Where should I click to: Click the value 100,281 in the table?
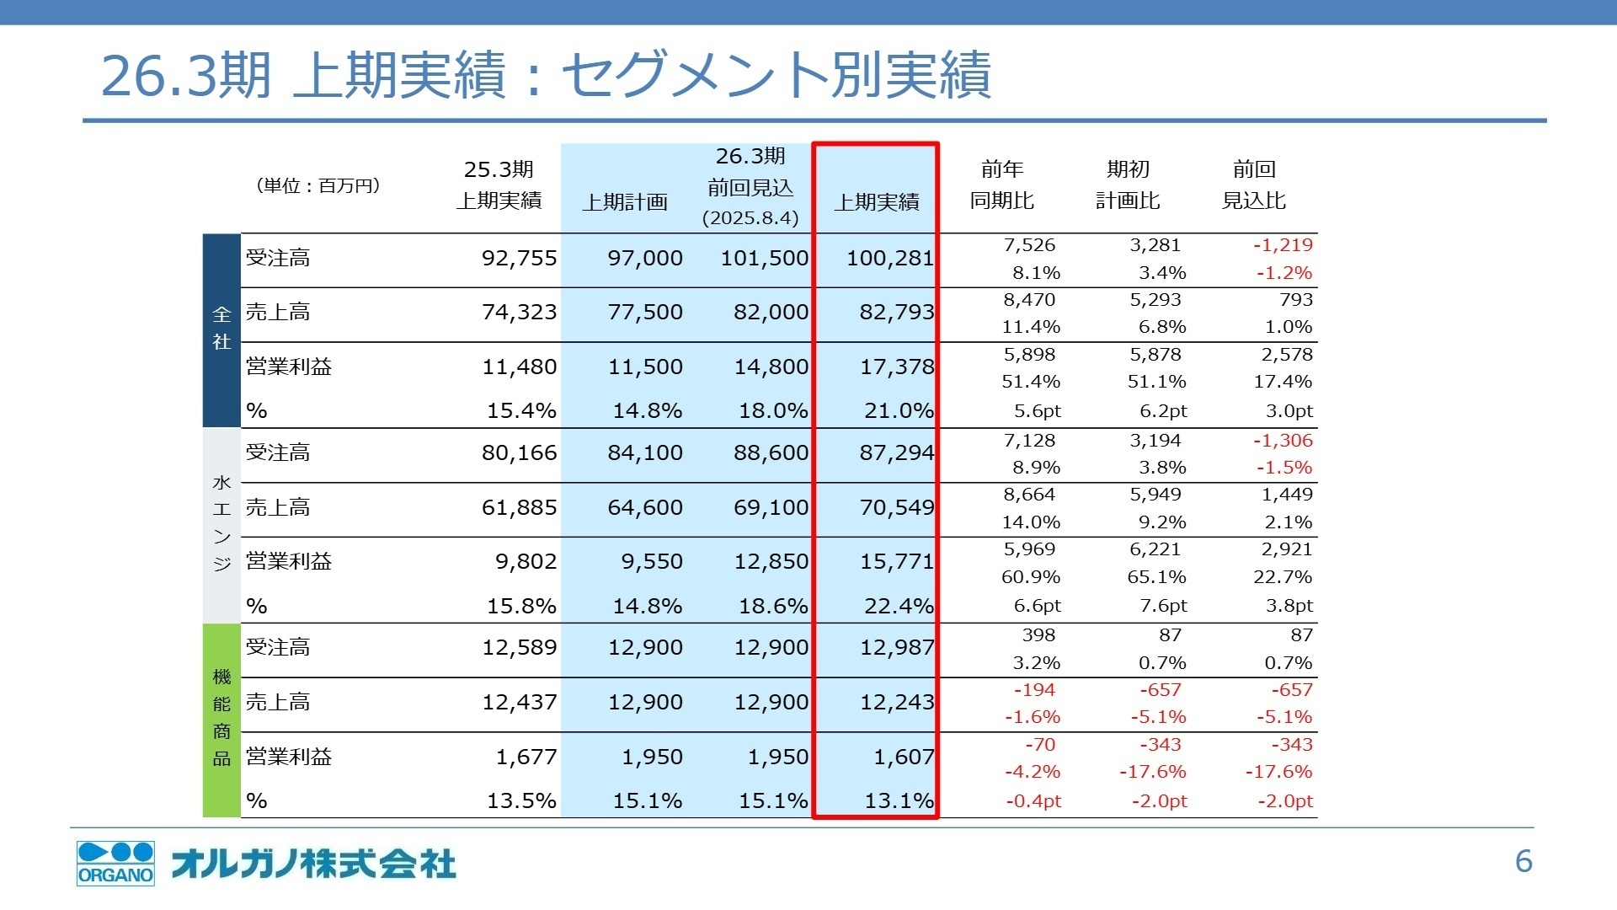point(889,258)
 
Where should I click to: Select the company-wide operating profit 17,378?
point(896,367)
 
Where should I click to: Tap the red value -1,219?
point(1283,245)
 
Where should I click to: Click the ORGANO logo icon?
point(115,863)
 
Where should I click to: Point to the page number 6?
point(1524,862)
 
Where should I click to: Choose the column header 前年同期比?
point(1002,185)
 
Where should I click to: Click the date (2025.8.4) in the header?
point(750,218)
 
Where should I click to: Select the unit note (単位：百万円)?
point(318,185)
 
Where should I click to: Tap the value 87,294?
point(896,452)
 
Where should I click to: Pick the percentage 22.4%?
point(899,606)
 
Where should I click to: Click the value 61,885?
point(519,507)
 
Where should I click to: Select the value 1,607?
point(904,757)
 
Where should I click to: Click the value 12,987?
point(896,647)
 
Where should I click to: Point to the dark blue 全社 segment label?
point(221,329)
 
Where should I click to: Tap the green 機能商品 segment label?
point(221,718)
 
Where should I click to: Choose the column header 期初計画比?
point(1128,185)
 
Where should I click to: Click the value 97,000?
point(645,258)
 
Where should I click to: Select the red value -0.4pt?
point(1033,801)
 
